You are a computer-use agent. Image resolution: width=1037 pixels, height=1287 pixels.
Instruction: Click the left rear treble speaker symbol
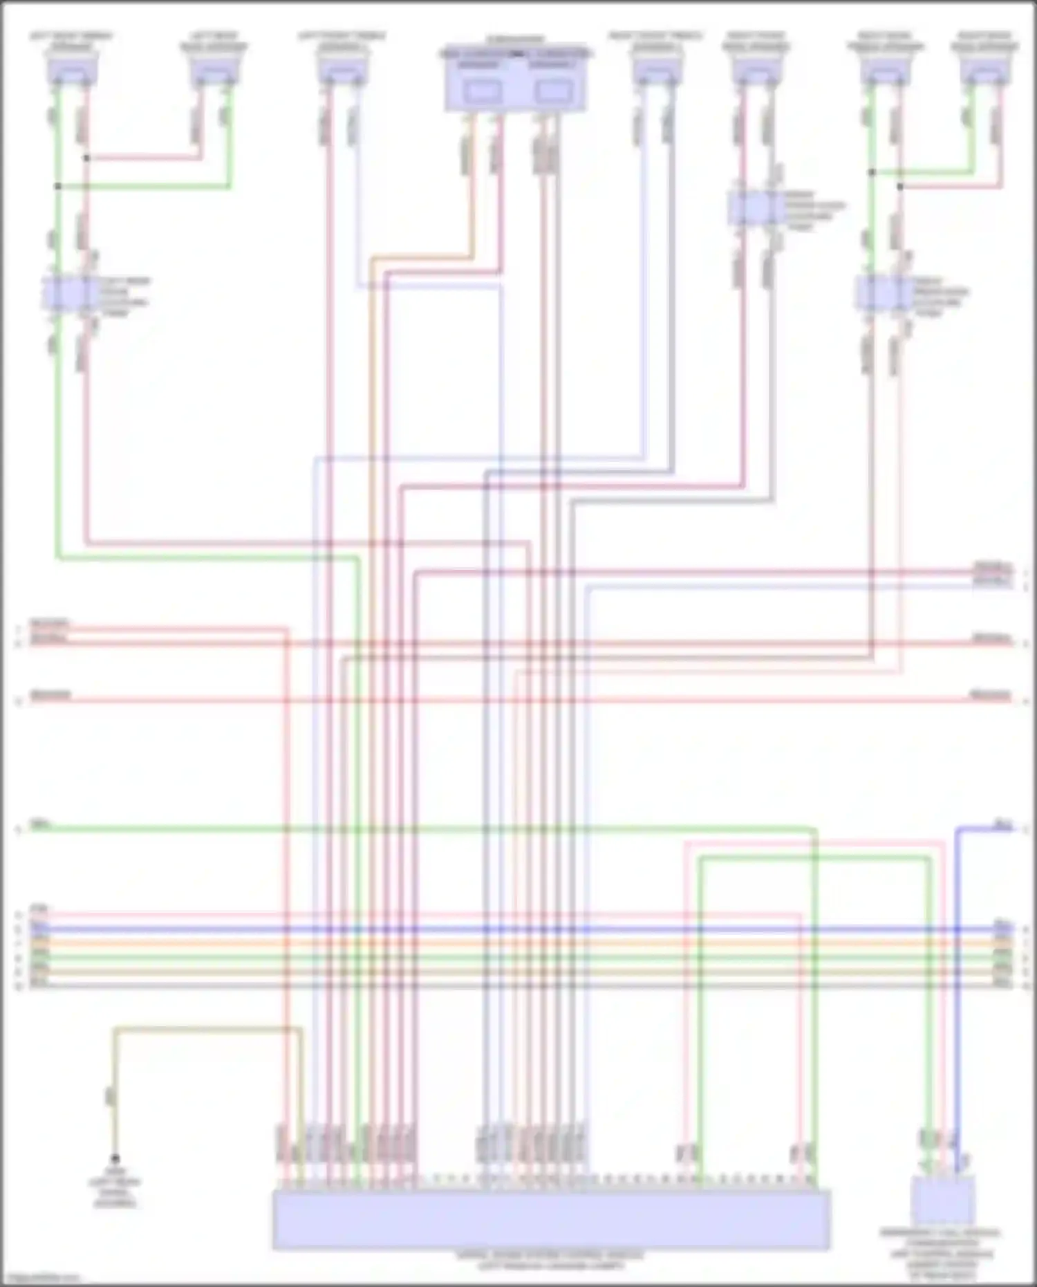click(x=72, y=70)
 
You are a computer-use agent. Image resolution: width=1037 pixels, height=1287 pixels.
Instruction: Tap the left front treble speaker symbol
click(x=342, y=70)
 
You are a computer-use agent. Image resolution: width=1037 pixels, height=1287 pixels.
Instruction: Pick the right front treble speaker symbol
click(x=656, y=70)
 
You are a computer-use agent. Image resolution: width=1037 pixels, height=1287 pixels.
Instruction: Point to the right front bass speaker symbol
click(x=756, y=70)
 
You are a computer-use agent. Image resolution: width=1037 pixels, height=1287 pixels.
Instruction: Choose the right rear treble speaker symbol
click(x=886, y=70)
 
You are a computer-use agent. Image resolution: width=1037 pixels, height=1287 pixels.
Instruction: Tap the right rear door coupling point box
click(x=882, y=293)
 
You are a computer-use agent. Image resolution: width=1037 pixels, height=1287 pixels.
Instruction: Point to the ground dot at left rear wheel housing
click(x=115, y=1158)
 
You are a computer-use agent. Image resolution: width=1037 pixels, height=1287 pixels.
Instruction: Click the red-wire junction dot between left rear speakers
click(x=86, y=158)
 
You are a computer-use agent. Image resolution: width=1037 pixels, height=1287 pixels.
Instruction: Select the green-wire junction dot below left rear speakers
click(x=58, y=187)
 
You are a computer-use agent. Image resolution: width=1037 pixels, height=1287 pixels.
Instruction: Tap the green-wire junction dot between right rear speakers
click(x=872, y=172)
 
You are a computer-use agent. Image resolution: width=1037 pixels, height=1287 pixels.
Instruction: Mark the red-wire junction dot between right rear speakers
click(x=899, y=187)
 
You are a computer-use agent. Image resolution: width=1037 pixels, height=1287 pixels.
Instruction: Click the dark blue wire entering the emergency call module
click(x=957, y=1003)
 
